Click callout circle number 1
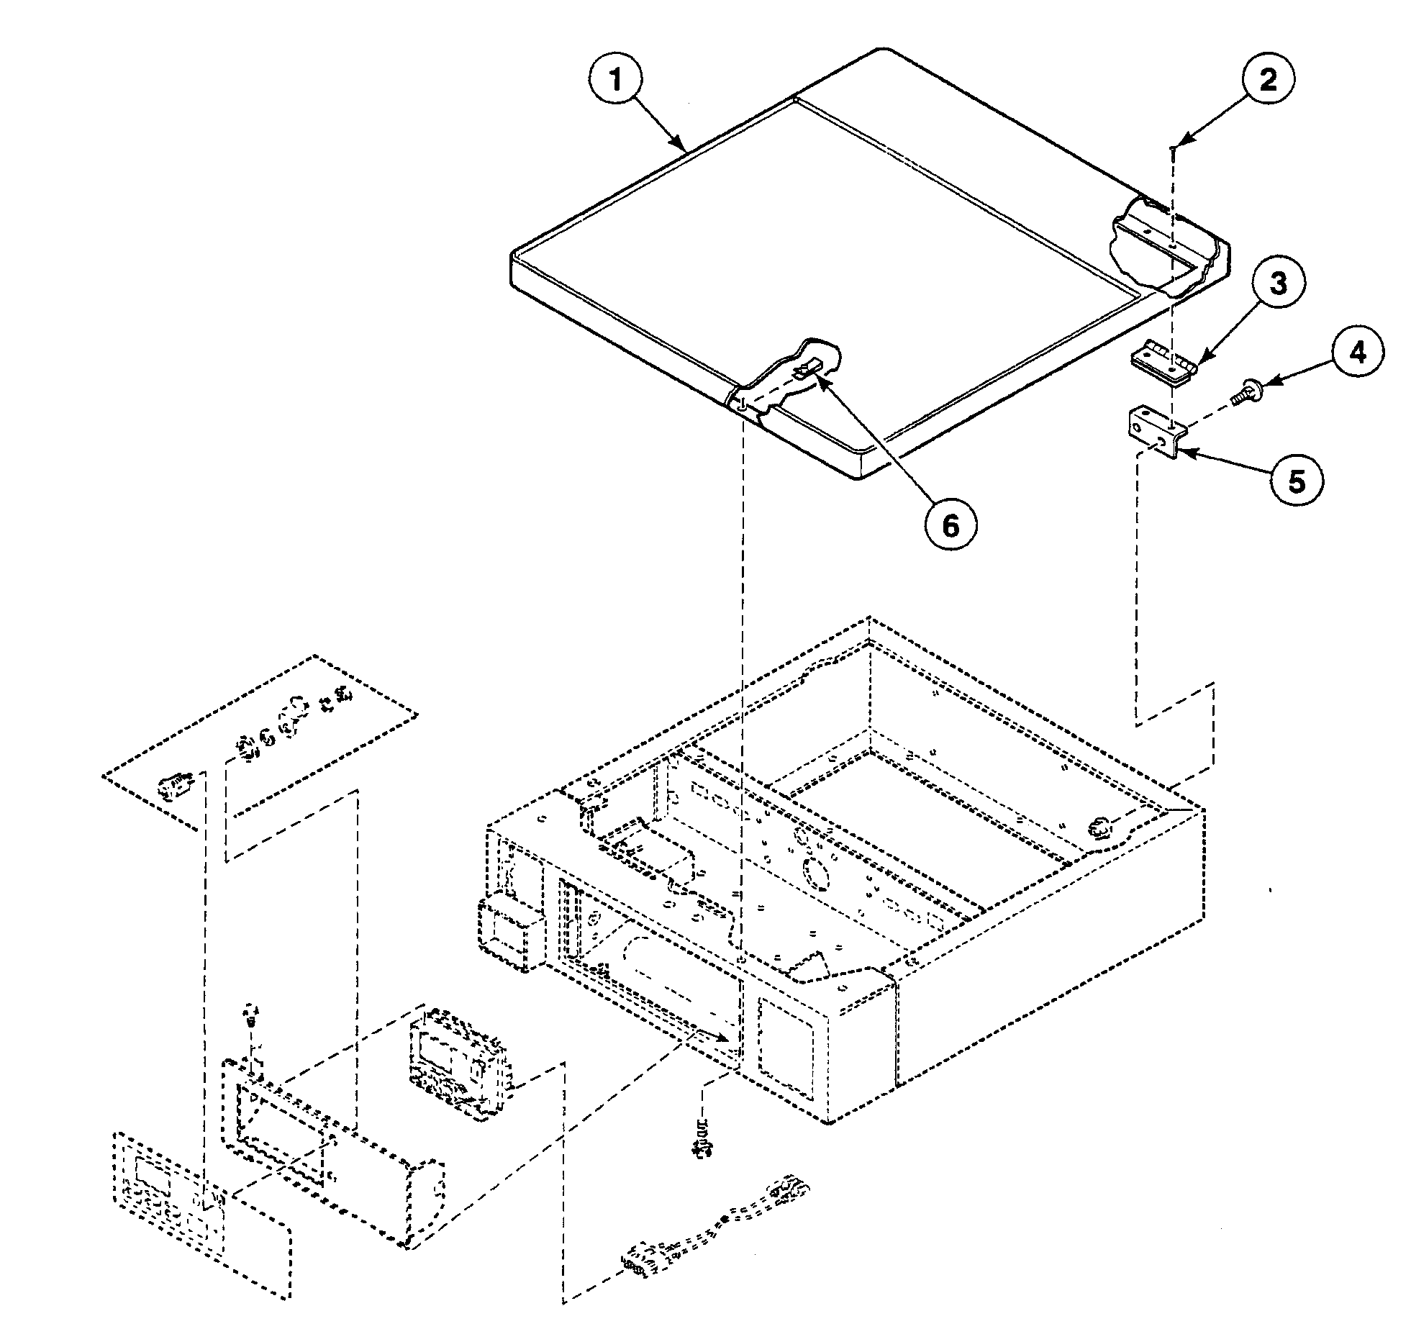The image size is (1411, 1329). [x=617, y=81]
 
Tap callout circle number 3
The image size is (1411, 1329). [x=1277, y=285]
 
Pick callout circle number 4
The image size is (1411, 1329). [x=1356, y=353]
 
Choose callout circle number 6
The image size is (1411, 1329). [x=951, y=527]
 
